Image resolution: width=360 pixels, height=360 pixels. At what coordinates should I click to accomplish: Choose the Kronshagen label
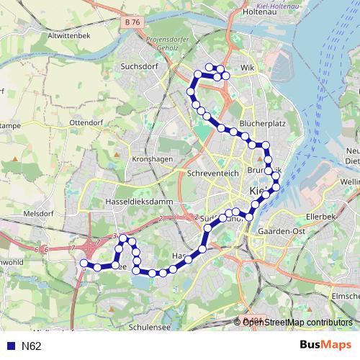tap(150, 159)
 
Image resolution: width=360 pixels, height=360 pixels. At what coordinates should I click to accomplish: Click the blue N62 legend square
tap(8, 346)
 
